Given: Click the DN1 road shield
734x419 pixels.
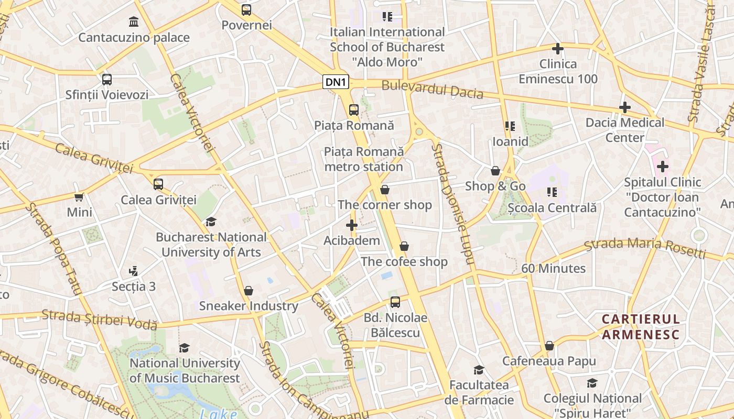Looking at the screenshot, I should point(336,82).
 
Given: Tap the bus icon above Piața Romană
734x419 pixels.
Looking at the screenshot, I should point(354,110).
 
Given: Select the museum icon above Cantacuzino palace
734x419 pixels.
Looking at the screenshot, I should point(134,22).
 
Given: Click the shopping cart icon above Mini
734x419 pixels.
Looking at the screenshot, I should point(79,197).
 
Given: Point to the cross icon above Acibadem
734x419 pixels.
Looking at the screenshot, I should point(352,225).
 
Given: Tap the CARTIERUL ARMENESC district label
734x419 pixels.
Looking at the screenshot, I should point(641,327).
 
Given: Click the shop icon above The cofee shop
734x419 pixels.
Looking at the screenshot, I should point(404,246).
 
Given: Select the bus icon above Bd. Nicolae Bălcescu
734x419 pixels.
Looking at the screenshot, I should point(395,302).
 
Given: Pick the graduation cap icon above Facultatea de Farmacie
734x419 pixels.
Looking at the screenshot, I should point(479,370).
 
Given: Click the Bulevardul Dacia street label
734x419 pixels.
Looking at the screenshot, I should point(432,89).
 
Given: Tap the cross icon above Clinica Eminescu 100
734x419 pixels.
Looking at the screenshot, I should point(558,49).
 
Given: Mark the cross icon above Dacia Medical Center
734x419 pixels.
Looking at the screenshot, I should point(624,107).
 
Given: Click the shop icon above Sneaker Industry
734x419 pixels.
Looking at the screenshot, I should point(249,291).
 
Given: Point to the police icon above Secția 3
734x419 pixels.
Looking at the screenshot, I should point(134,271).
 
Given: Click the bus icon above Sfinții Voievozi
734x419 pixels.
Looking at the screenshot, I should point(107,80).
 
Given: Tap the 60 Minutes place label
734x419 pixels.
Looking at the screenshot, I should point(553,269).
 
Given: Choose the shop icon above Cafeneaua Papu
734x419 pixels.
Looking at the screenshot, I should point(549,346).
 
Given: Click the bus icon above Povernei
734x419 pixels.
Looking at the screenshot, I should point(246,10).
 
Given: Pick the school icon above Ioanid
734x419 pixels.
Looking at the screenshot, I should point(510,126).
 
